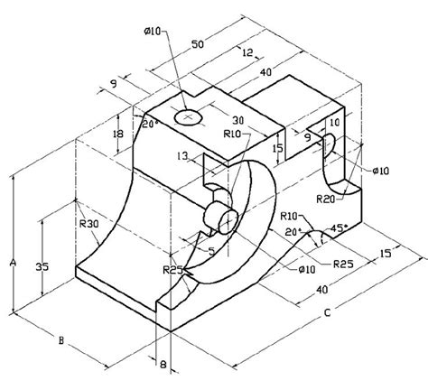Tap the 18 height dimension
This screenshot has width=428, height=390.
[118, 134]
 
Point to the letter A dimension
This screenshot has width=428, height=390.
[12, 263]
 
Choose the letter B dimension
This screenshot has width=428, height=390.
[60, 341]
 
